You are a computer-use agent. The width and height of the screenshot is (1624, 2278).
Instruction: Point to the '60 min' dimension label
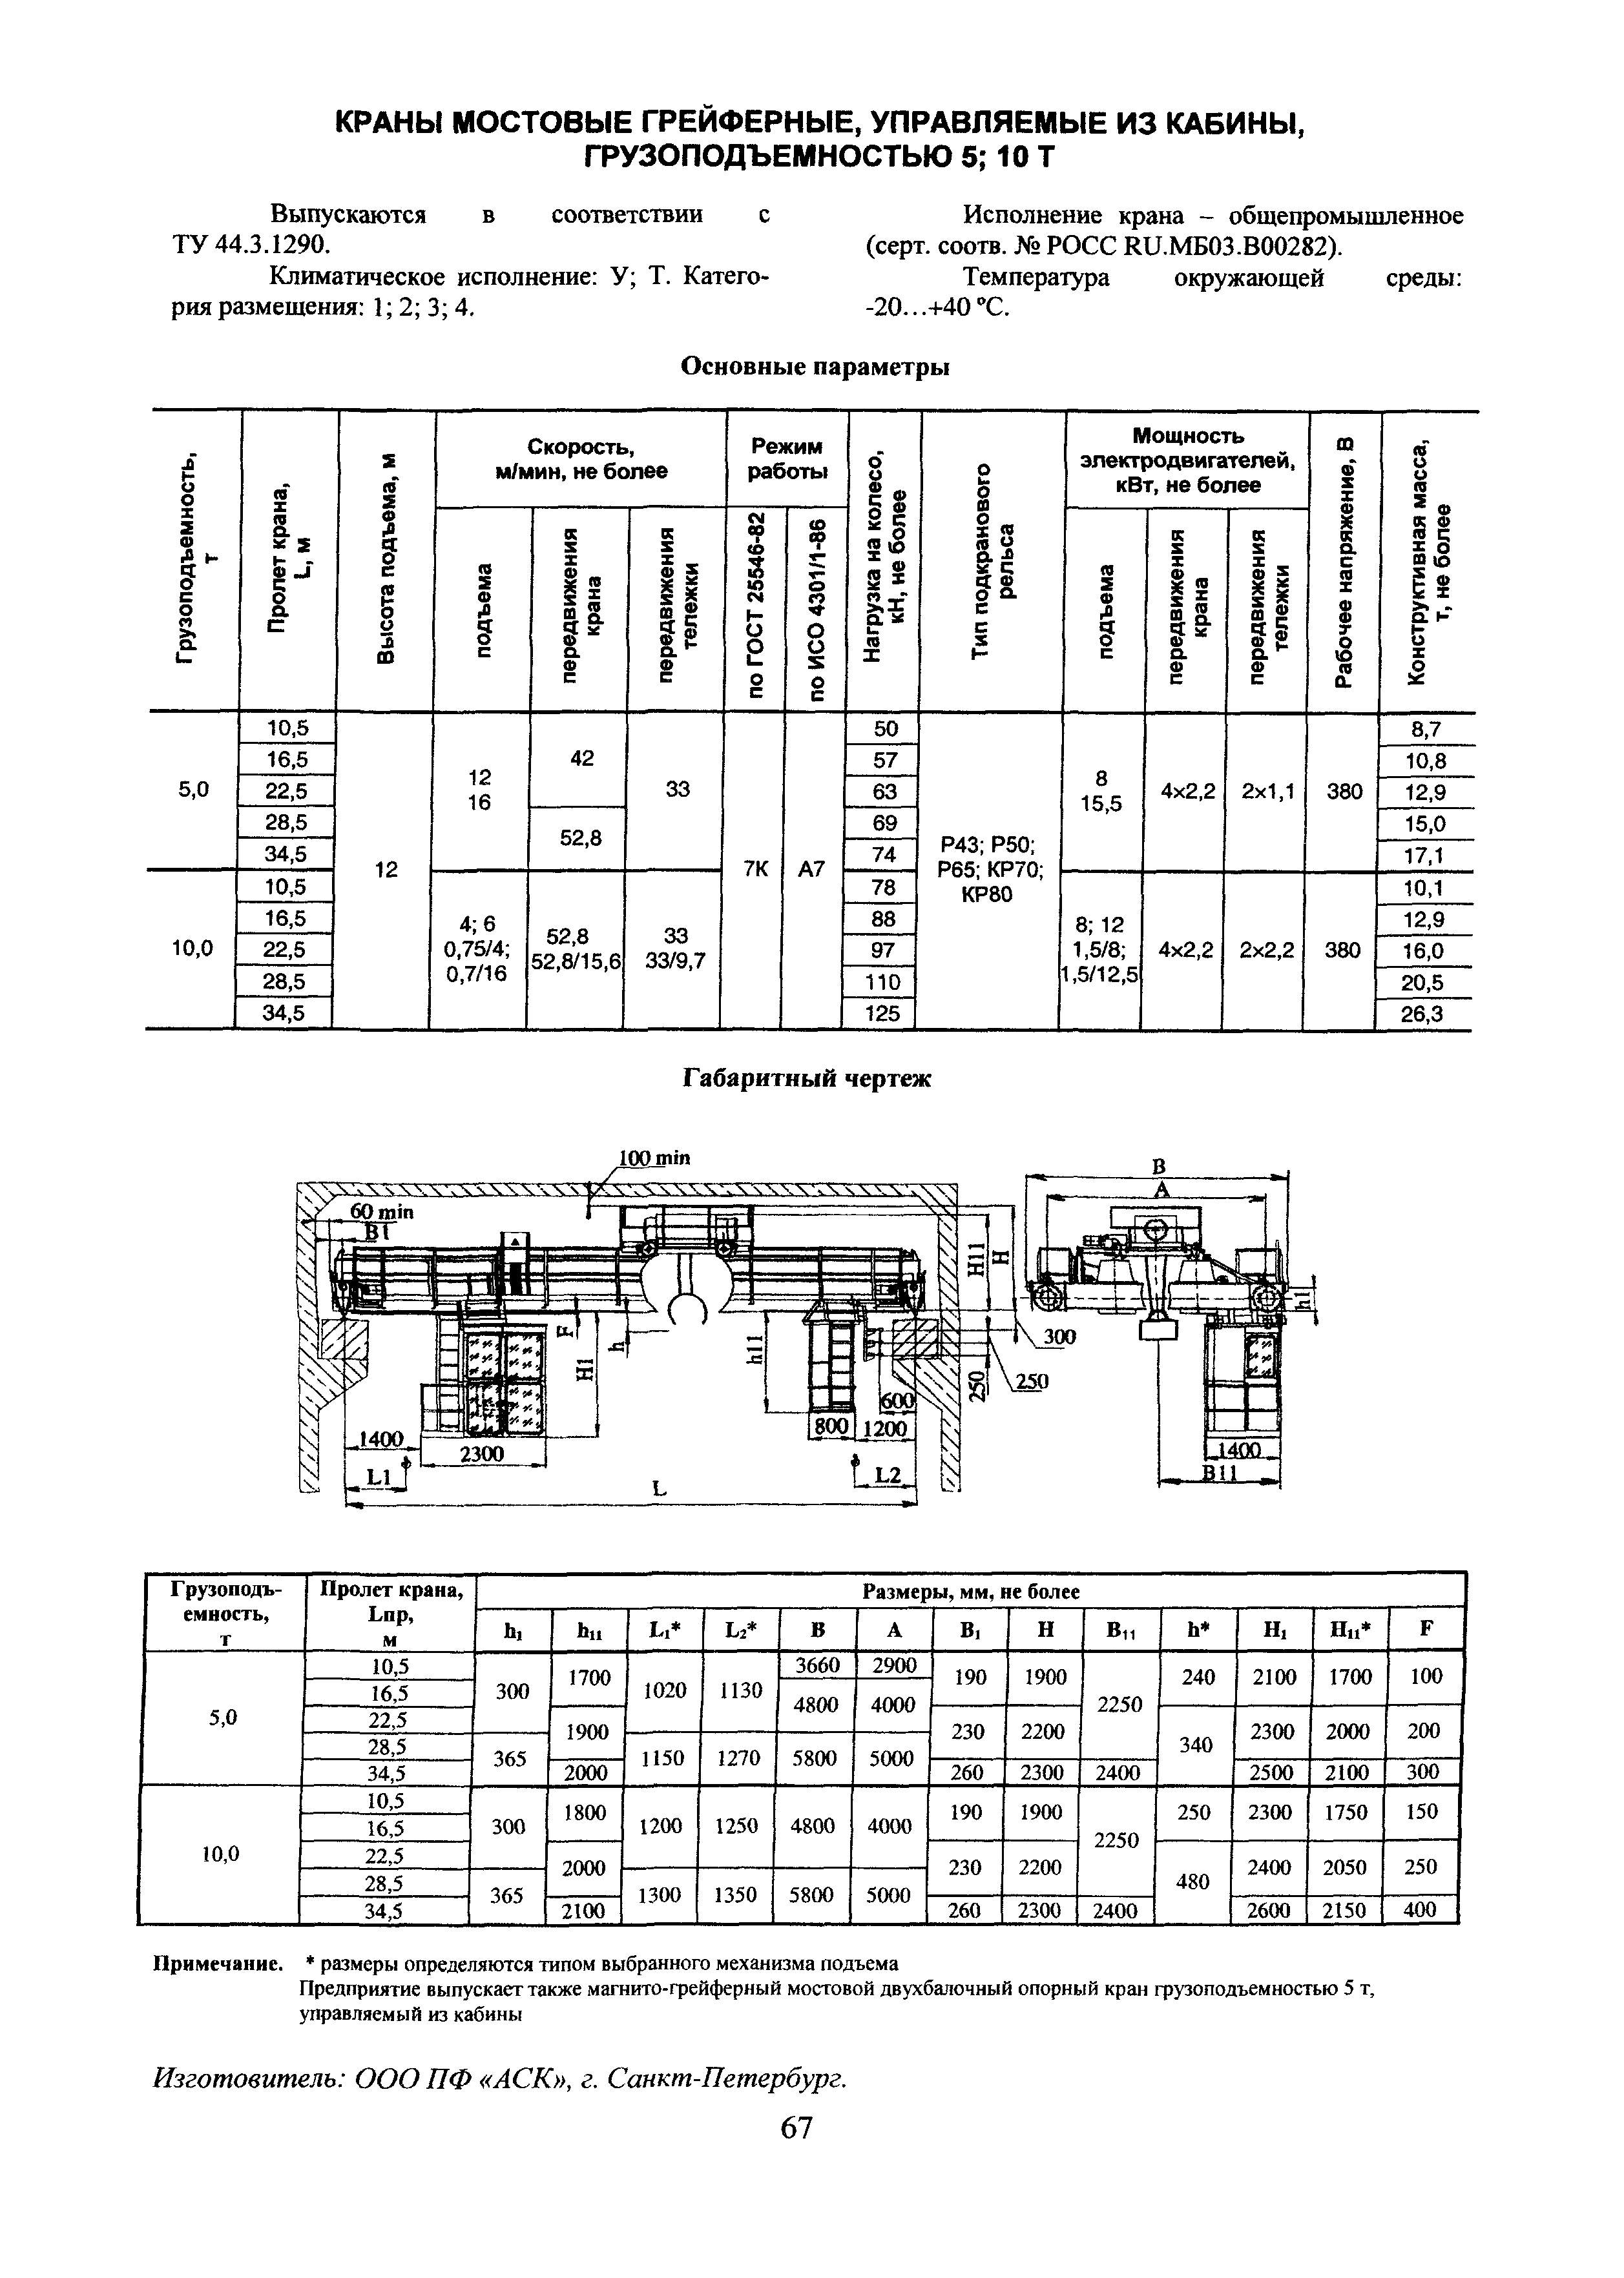(x=380, y=1211)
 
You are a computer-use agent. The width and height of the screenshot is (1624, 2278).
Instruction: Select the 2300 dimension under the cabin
(x=481, y=1453)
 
